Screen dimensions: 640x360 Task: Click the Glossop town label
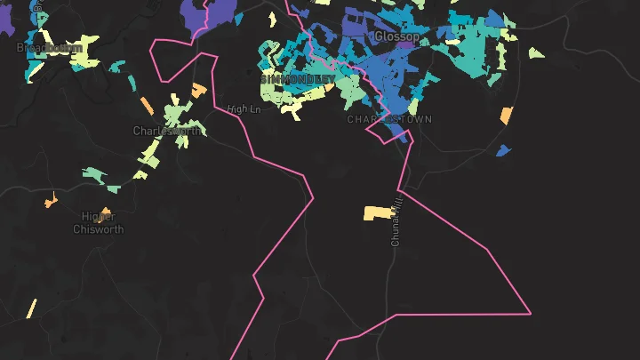pyautogui.click(x=396, y=36)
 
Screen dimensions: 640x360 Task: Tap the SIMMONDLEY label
pyautogui.click(x=298, y=79)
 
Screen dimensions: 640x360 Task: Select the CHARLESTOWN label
pyautogui.click(x=389, y=119)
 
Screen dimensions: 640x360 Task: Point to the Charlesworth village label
pyautogui.click(x=166, y=131)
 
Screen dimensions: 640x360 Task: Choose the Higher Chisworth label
pyautogui.click(x=98, y=222)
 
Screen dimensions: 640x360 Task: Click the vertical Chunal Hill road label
pyautogui.click(x=396, y=222)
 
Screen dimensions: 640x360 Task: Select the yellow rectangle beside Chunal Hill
pyautogui.click(x=377, y=213)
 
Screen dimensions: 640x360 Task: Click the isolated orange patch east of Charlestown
pyautogui.click(x=507, y=116)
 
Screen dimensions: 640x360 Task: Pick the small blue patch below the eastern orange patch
pyautogui.click(x=502, y=150)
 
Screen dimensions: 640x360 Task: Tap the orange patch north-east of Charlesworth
pyautogui.click(x=199, y=90)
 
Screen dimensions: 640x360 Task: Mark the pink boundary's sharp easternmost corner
pyautogui.click(x=531, y=313)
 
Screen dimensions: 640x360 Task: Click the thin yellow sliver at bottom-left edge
pyautogui.click(x=31, y=308)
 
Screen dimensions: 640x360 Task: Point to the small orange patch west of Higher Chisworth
pyautogui.click(x=50, y=201)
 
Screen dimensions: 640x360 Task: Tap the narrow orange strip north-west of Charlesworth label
pyautogui.click(x=148, y=105)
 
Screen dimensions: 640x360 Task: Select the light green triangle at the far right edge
pyautogui.click(x=536, y=53)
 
